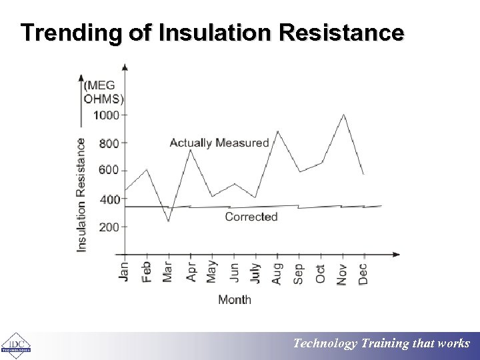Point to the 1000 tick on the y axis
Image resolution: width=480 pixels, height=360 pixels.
click(x=107, y=115)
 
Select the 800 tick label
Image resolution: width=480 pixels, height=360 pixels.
click(x=109, y=143)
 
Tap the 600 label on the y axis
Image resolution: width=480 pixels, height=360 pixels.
click(x=109, y=170)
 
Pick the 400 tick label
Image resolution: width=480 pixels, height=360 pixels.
click(x=109, y=199)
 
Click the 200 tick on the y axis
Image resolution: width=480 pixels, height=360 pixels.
click(x=109, y=227)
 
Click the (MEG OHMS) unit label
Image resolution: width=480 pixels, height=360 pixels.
click(x=103, y=93)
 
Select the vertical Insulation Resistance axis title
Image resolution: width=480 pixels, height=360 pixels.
click(x=81, y=195)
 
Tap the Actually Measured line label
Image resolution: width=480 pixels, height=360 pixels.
click(x=219, y=143)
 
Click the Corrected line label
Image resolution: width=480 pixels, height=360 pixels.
click(x=251, y=217)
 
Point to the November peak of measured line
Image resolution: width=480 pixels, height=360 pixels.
click(x=343, y=115)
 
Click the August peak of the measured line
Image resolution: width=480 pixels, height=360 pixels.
click(x=277, y=131)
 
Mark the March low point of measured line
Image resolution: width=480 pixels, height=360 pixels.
click(x=168, y=221)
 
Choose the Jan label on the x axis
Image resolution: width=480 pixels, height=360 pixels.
click(x=124, y=271)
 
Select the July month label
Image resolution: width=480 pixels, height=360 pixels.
click(x=255, y=273)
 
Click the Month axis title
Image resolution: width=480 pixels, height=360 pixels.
click(x=235, y=300)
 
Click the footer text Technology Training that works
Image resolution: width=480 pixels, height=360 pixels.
click(x=382, y=344)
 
